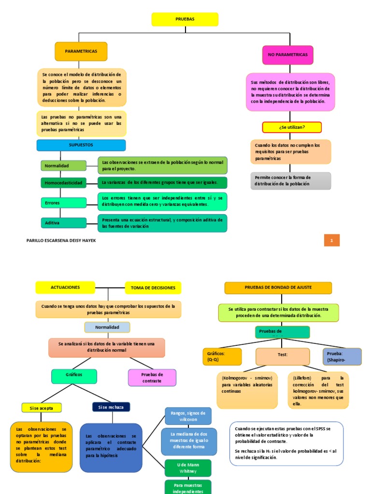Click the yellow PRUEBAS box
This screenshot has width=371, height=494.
pyautogui.click(x=185, y=19)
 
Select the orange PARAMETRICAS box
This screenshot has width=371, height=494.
pyautogui.click(x=81, y=51)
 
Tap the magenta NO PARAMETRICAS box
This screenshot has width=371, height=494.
pyautogui.click(x=287, y=55)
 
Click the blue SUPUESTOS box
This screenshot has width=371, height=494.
pyautogui.click(x=81, y=145)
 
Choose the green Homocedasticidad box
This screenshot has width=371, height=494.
pyautogui.click(x=63, y=183)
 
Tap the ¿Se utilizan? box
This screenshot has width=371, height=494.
pyautogui.click(x=292, y=127)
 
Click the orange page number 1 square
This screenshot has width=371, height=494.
pyautogui.click(x=332, y=240)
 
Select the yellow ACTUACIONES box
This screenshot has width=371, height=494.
pyautogui.click(x=65, y=288)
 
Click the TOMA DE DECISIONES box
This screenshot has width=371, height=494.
pyautogui.click(x=153, y=288)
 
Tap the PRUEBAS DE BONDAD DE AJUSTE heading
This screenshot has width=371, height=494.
pyautogui.click(x=278, y=288)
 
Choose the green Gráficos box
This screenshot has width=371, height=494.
pyautogui.click(x=74, y=374)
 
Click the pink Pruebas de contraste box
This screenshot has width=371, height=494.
pyautogui.click(x=152, y=377)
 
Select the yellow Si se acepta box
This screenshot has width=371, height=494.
pyautogui.click(x=42, y=408)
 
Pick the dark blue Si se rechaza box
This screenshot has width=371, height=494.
pyautogui.click(x=111, y=407)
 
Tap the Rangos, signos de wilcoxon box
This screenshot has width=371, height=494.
pyautogui.click(x=188, y=416)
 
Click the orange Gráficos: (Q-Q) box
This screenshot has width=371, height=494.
pyautogui.click(x=221, y=357)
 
